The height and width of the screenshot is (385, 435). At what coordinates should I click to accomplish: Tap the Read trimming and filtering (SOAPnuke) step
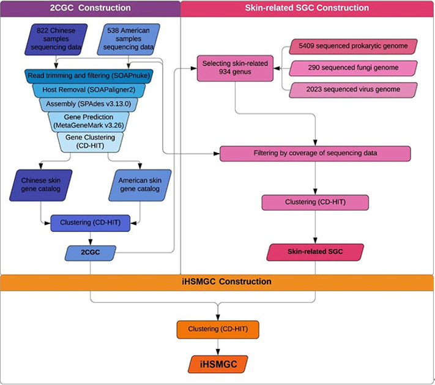point(89,75)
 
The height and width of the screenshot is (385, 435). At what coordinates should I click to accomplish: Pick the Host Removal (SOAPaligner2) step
point(89,89)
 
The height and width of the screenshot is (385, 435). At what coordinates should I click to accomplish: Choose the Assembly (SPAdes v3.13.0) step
point(89,103)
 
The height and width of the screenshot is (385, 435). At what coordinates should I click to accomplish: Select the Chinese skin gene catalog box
point(40,184)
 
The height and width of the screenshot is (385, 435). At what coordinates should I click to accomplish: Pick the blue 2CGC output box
point(91,251)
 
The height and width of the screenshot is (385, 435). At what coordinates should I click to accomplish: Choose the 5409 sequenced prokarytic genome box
point(353,47)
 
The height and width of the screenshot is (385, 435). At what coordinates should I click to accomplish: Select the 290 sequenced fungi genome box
point(353,68)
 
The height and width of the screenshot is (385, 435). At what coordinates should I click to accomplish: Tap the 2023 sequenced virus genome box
point(353,90)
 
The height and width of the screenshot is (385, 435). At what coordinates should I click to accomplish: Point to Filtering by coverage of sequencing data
point(314,153)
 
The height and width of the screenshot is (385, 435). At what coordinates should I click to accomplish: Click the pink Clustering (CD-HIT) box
point(314,202)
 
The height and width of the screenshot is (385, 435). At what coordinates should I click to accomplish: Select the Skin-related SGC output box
point(314,251)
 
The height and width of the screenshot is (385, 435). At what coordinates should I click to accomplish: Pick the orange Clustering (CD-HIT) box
point(218,328)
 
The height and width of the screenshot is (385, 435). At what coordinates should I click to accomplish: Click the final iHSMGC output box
point(218,364)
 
